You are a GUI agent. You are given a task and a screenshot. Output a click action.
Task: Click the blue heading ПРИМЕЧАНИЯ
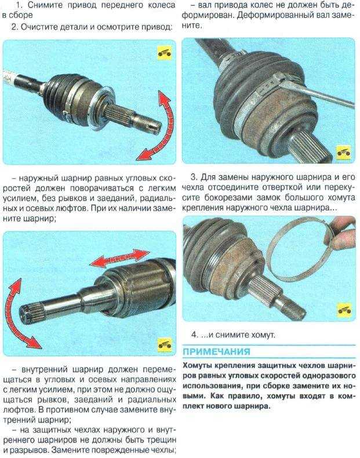[x=216, y=351]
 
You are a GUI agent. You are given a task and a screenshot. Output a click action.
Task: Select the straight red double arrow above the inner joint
[x=120, y=258]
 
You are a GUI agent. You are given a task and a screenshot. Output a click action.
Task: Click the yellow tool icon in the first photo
[x=165, y=53]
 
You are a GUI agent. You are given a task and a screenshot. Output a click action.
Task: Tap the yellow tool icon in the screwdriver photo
[x=344, y=152]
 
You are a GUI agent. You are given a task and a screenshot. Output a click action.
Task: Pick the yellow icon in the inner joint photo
[x=165, y=345]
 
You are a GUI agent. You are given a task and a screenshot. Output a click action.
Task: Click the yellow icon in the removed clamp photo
[x=344, y=310]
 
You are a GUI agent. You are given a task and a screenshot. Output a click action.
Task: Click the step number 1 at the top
[x=20, y=5]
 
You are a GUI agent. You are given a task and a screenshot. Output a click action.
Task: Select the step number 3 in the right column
[x=194, y=177]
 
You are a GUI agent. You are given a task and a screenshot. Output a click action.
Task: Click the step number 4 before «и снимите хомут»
[x=195, y=335]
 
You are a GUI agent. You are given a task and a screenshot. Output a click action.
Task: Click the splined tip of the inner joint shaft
[x=31, y=311]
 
